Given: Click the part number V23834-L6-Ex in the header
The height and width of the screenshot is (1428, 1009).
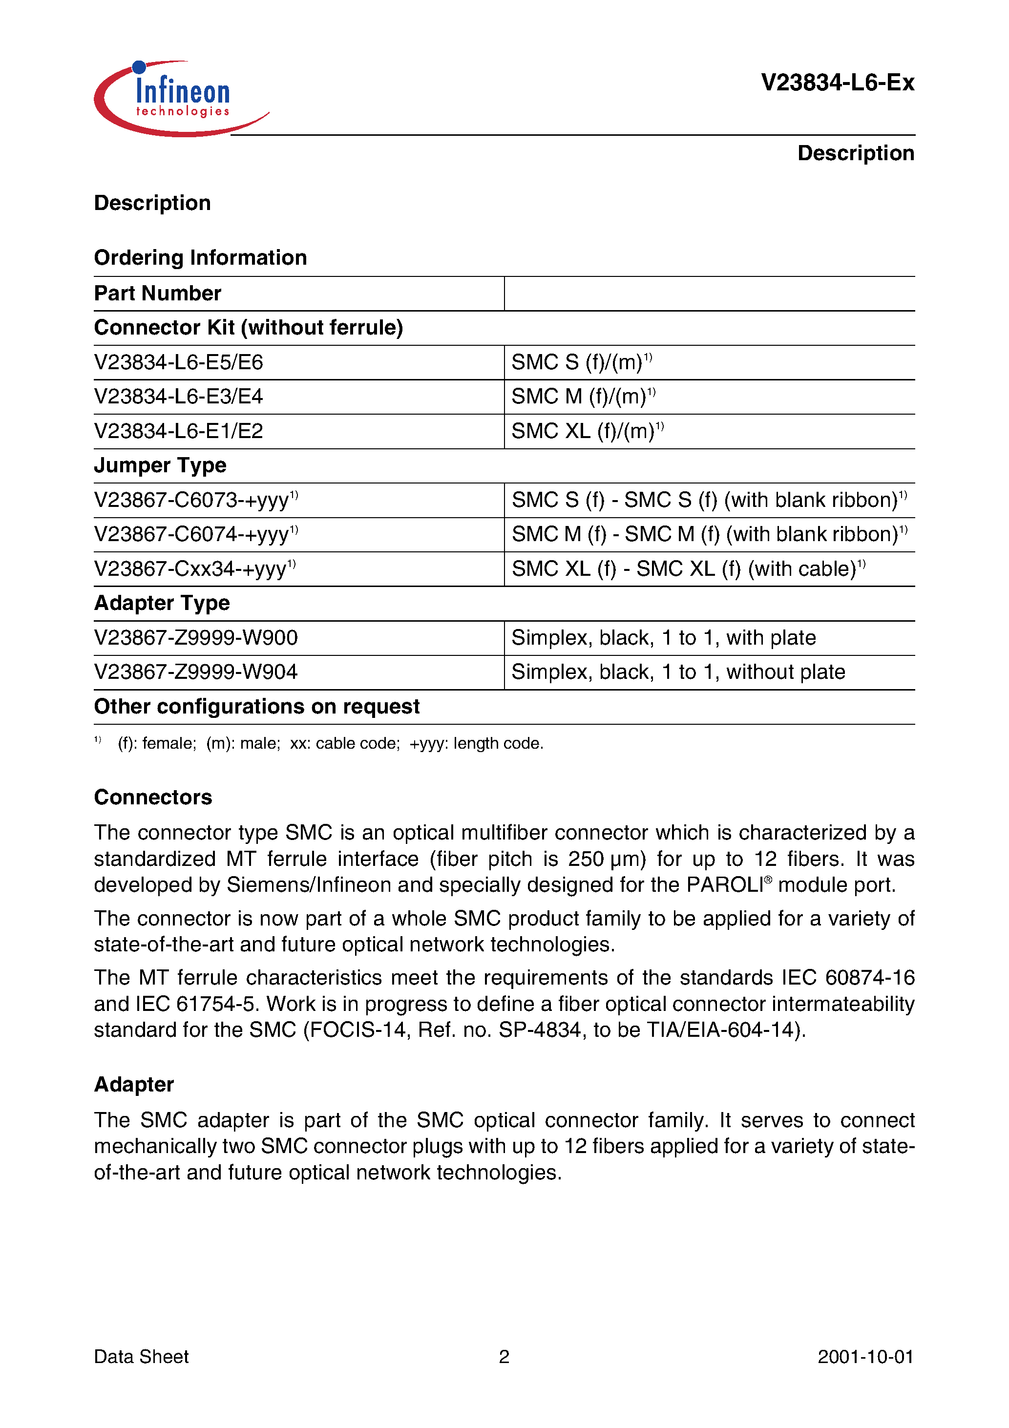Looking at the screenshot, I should point(837,83).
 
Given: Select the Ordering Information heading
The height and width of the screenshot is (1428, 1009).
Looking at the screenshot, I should point(200,257).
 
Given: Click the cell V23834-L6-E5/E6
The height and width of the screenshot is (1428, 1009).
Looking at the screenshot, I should point(179,362).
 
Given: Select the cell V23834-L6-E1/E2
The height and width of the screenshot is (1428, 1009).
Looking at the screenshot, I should point(179,431).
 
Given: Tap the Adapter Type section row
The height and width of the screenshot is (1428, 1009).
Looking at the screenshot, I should point(162,603).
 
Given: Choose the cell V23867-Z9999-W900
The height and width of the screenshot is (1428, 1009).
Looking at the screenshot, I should point(195,637).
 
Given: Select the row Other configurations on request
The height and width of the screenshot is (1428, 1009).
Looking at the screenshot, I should point(256,707).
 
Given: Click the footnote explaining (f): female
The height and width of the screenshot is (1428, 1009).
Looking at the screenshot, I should point(330,743).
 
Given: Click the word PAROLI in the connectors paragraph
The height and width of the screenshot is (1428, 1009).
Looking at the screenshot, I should point(725,885).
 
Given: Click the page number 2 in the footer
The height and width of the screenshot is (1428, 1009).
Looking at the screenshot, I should point(504,1357).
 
